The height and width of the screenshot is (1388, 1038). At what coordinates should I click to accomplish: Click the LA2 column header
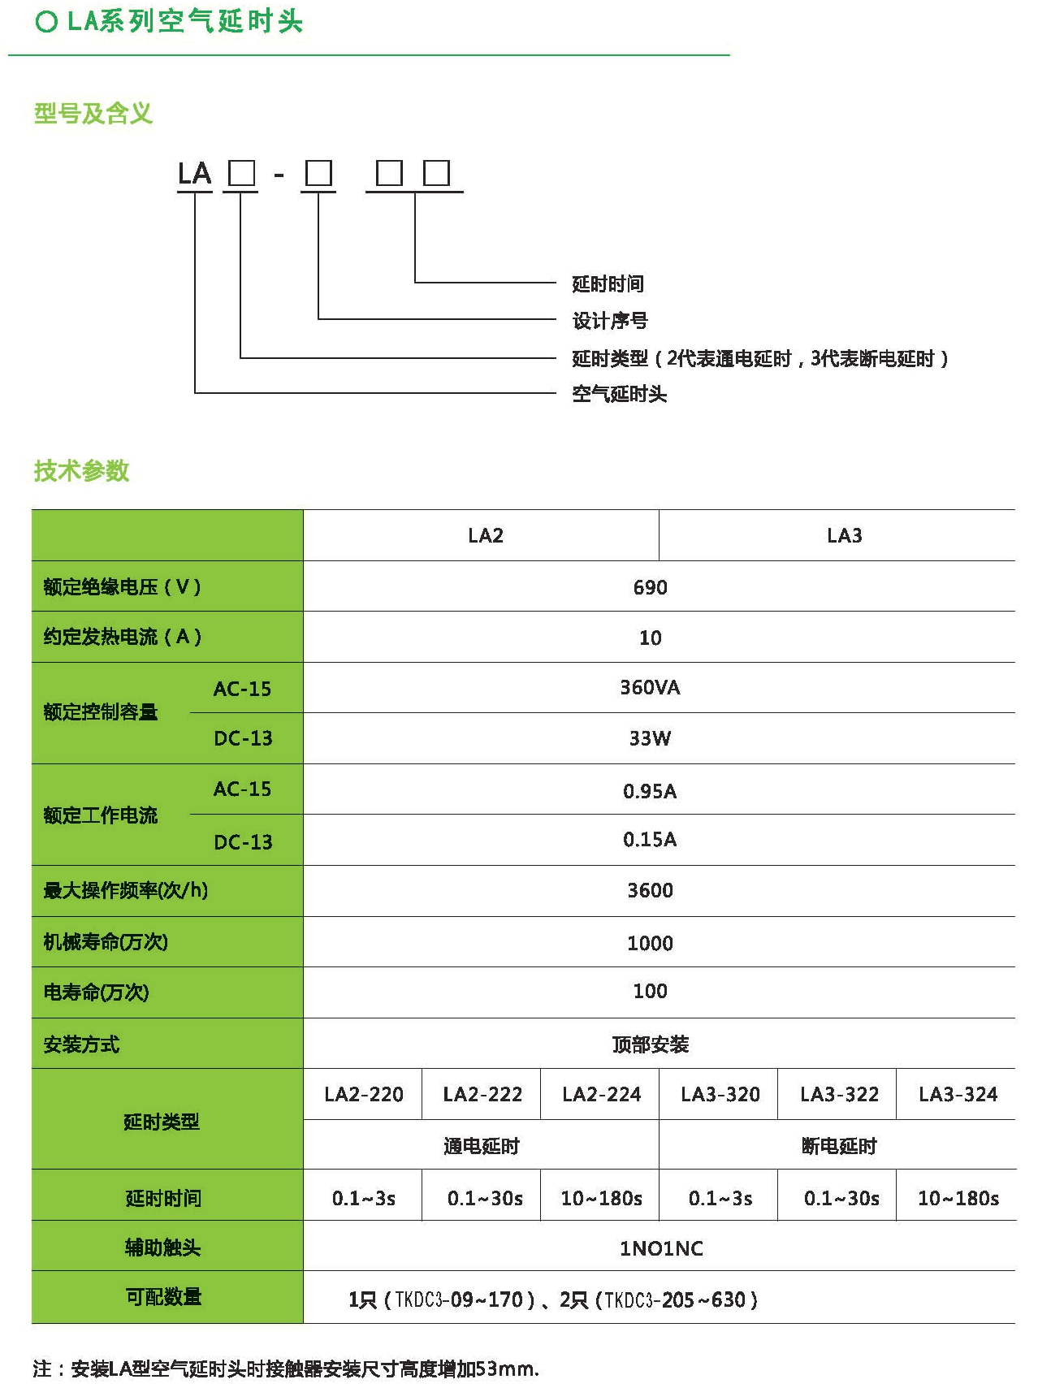486,535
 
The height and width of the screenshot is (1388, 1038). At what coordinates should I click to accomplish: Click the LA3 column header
845,535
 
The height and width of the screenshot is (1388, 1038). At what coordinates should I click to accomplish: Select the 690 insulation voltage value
651,587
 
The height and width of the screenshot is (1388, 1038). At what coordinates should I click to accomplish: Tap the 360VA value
650,688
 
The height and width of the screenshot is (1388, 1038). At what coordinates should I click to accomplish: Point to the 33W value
650,738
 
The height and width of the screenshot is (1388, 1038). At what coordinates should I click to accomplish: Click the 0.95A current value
650,791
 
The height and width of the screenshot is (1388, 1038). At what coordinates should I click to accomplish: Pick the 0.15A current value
650,839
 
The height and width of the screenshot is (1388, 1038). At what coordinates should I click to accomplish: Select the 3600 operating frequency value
651,890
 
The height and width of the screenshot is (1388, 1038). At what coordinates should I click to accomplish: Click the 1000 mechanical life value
651,943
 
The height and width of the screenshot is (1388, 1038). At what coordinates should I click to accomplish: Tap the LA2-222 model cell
482,1094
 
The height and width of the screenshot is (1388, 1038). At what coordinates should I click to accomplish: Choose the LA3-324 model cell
958,1094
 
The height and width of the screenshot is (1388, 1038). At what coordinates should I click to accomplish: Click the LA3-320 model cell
720,1094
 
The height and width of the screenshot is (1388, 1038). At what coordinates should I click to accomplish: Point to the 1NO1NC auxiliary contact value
661,1248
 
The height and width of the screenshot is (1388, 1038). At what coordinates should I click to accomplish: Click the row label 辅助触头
162,1247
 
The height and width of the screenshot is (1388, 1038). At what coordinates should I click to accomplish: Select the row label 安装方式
81,1044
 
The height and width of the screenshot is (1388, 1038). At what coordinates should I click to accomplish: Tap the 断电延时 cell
839,1146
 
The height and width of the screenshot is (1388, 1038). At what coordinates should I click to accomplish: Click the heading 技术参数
81,471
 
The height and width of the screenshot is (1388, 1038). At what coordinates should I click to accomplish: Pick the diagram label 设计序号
610,321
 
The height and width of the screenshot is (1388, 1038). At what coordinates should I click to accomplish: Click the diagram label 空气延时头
619,394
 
